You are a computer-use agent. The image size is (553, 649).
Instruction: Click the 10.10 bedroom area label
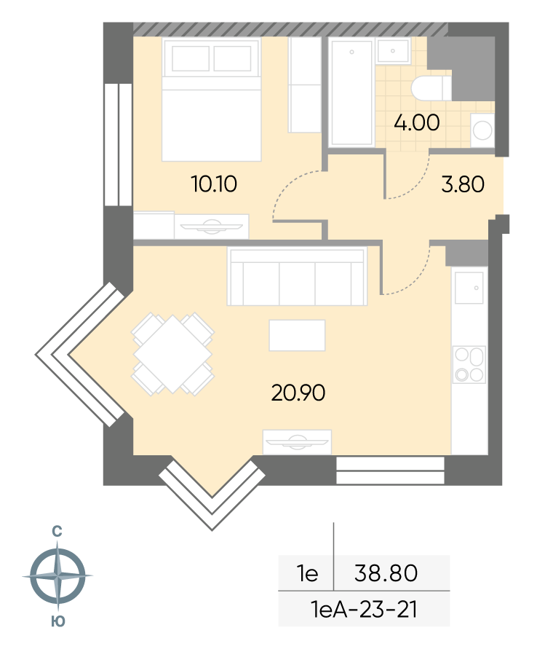[214, 184]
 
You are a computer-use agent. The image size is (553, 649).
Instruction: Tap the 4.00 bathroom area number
[416, 122]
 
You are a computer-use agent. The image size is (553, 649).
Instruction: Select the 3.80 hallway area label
[463, 184]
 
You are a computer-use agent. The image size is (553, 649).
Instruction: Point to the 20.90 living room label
[298, 393]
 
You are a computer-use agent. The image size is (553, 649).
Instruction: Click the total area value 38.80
[386, 573]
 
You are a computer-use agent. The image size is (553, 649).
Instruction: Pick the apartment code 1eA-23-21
[364, 609]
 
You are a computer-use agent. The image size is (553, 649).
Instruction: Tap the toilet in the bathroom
[431, 87]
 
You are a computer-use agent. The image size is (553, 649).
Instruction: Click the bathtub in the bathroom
[351, 92]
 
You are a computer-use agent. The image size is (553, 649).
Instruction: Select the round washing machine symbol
[482, 130]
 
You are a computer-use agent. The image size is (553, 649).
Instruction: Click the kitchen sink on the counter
[469, 288]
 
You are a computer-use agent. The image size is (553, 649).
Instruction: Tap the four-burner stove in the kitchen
[469, 364]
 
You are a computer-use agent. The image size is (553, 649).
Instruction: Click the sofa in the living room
[297, 276]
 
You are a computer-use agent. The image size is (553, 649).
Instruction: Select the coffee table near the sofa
[297, 335]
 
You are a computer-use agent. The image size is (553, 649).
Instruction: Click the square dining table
[172, 354]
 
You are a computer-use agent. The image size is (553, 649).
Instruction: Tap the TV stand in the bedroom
[211, 227]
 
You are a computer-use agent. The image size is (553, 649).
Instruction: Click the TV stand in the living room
[297, 442]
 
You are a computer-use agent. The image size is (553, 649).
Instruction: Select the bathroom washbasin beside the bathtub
[393, 50]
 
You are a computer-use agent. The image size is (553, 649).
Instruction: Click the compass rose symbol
[57, 575]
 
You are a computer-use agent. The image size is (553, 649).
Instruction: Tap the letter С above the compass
[57, 532]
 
